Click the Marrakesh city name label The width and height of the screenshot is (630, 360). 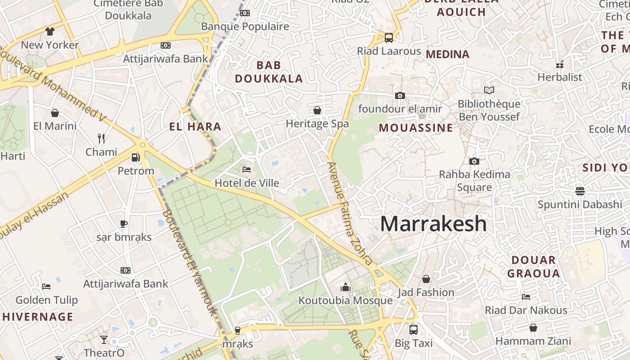pos(433,224)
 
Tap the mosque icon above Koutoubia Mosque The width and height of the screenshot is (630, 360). pos(346,287)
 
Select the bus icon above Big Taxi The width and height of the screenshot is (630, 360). pos(414,329)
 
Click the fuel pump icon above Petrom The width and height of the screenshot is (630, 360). pos(135,157)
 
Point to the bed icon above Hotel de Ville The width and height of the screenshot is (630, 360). pos(247,170)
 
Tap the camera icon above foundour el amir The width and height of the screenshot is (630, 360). pos(400,95)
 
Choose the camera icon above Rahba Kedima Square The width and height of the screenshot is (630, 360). pos(474,161)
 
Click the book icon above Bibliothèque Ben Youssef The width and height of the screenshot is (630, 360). pos(489,90)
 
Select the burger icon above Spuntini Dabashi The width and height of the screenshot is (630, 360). pos(580,191)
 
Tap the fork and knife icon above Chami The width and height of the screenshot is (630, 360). pos(101,139)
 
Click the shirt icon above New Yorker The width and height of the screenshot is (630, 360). pos(49,31)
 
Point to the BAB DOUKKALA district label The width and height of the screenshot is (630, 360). pos(269,72)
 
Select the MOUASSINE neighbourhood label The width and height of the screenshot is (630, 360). pos(416,128)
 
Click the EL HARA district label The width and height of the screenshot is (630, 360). pos(195,126)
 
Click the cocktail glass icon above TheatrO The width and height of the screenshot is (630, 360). pos(104,339)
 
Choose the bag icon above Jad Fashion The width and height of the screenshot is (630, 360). pos(426,279)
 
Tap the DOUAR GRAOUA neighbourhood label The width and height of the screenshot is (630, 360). pos(533,266)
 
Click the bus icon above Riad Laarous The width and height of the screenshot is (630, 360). pos(389,38)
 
